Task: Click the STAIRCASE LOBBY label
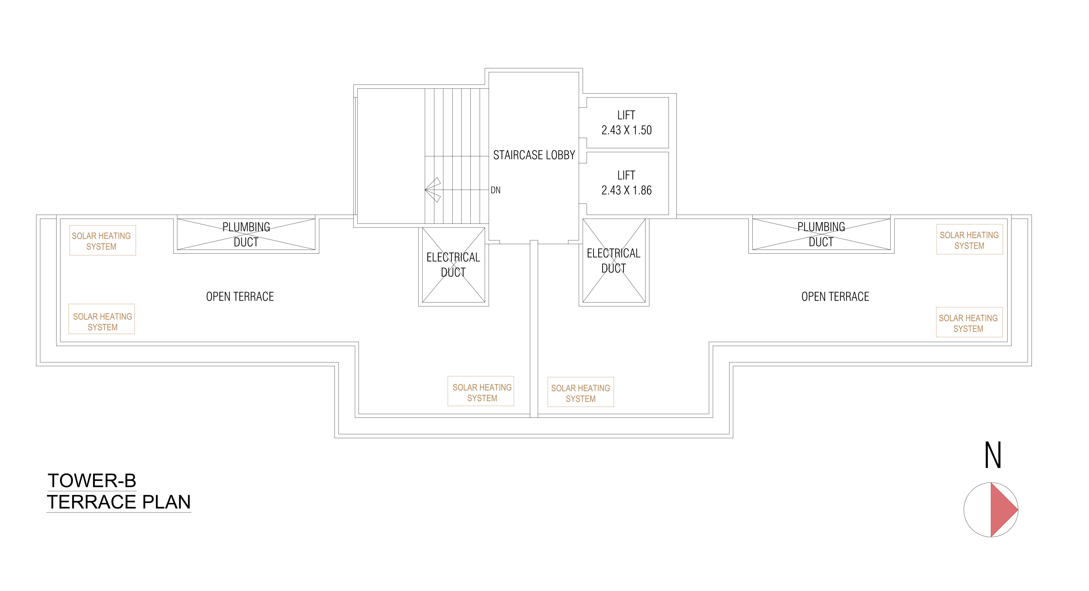click(x=534, y=155)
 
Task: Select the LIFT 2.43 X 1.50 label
click(x=626, y=123)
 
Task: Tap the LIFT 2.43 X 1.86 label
click(x=626, y=183)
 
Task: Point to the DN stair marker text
click(x=495, y=190)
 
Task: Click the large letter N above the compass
click(x=993, y=455)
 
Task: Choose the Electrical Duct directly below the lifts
click(x=614, y=261)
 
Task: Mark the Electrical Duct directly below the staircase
click(x=453, y=265)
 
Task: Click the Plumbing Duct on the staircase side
click(x=246, y=234)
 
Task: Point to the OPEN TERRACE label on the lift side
click(x=835, y=297)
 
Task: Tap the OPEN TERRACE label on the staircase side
click(x=240, y=297)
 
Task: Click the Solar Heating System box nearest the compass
click(x=969, y=322)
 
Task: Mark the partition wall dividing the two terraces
click(x=534, y=329)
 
